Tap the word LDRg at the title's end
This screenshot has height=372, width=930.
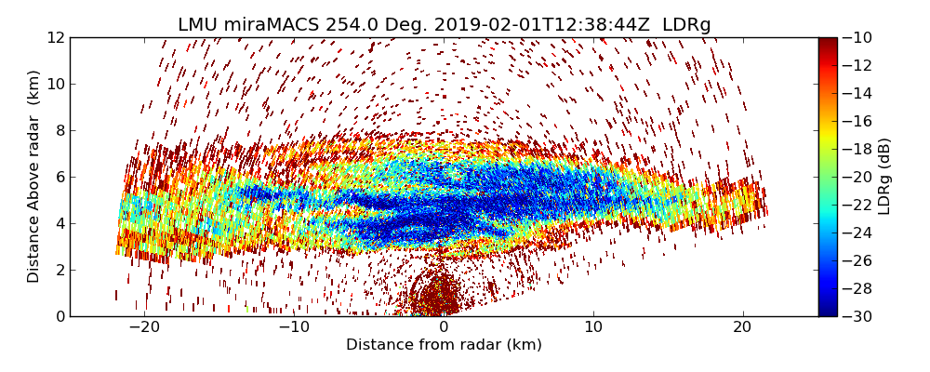686,25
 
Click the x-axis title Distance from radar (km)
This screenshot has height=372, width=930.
444,345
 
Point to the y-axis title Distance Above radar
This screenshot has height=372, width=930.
34,176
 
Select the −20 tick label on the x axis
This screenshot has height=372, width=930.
144,327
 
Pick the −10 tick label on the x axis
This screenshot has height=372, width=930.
294,327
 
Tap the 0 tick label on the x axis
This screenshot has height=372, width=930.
444,327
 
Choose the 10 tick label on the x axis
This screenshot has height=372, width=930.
593,327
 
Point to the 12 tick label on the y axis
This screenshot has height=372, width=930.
55,37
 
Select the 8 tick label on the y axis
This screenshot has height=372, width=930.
59,130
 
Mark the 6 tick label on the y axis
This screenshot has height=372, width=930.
59,177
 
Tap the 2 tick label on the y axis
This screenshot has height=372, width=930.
59,270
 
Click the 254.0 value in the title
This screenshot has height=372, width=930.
352,25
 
